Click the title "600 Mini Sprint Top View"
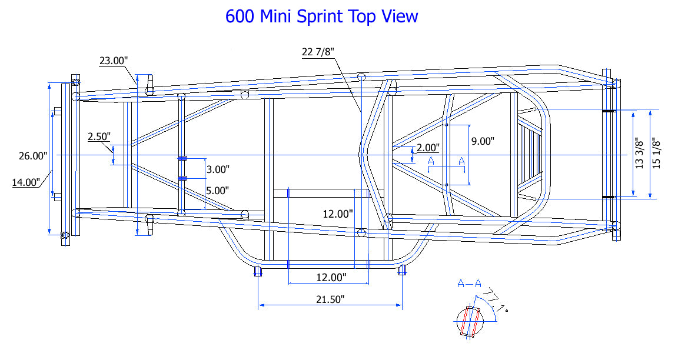(x=321, y=16)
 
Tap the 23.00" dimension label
(x=114, y=60)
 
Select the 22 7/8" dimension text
(x=318, y=52)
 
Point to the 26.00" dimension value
(x=32, y=156)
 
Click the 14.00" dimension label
(x=26, y=182)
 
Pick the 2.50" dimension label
(x=99, y=136)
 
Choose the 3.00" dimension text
(x=218, y=169)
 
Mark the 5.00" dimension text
(x=218, y=191)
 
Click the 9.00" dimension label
(x=483, y=141)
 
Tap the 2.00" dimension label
(x=428, y=148)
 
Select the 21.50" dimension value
(x=330, y=299)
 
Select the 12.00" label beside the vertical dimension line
(x=338, y=214)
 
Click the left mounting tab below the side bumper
(x=257, y=271)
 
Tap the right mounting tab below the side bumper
(x=403, y=271)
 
